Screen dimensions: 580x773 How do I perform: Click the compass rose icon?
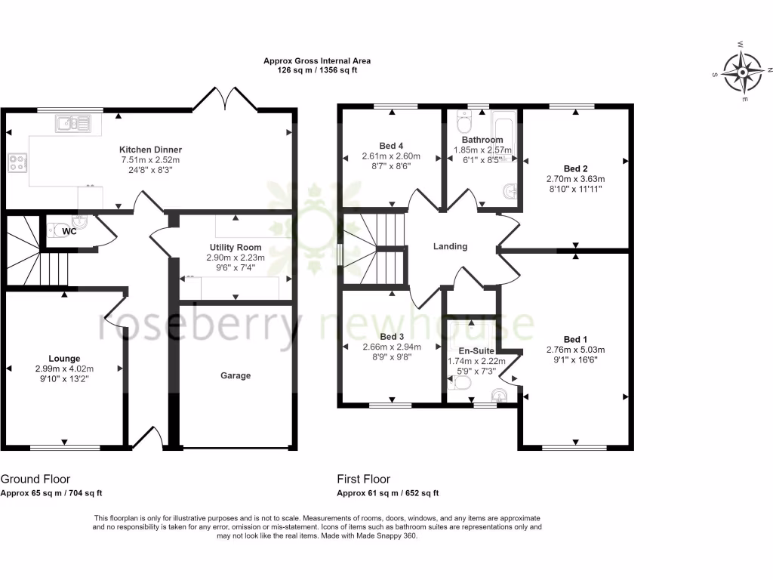[x=744, y=73]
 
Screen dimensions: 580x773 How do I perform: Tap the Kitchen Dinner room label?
[x=150, y=150]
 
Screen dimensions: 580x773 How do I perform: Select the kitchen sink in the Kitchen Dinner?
[x=73, y=122]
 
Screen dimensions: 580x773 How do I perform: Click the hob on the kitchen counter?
[x=17, y=161]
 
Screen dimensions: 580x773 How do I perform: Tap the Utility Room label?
[x=236, y=247]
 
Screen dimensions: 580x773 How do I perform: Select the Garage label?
[x=236, y=375]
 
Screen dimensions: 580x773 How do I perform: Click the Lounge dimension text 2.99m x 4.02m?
[x=65, y=369]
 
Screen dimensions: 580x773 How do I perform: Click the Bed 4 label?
[x=390, y=147]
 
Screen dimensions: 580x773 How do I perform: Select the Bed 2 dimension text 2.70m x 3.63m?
[x=575, y=180]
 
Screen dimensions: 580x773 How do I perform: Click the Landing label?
[x=450, y=246]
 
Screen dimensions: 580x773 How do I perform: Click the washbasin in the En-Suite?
[x=499, y=395]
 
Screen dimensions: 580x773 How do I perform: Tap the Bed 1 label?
[x=575, y=339]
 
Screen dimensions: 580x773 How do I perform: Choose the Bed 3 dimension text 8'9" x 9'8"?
[x=390, y=359]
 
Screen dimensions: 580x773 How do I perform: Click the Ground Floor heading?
[x=35, y=479]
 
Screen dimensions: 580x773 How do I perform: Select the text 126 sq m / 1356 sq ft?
[x=317, y=70]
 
